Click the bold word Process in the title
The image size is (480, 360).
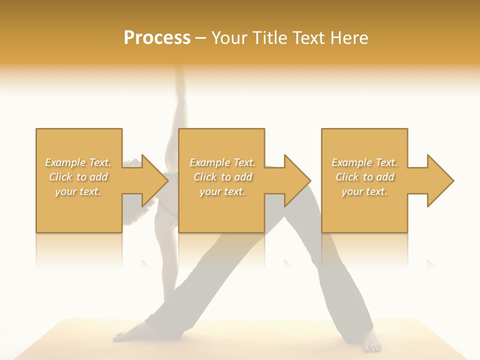pos(157,38)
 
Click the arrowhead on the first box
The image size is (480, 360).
pos(153,180)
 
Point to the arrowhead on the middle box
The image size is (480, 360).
pos(296,180)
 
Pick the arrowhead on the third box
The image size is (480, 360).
pos(439,180)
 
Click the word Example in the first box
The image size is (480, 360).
pos(65,162)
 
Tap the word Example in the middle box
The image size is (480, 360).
pos(209,162)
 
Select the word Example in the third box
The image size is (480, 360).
pos(351,162)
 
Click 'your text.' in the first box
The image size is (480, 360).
pos(78,191)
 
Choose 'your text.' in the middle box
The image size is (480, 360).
pos(222,191)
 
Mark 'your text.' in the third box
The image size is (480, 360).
pos(364,191)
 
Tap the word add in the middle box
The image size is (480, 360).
pos(242,177)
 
